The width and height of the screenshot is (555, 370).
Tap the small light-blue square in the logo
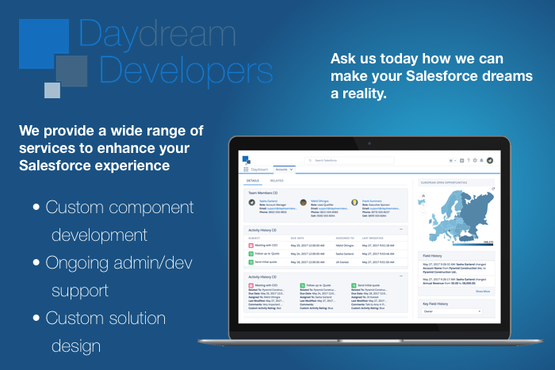[52, 90]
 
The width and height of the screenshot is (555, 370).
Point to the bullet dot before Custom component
[36, 208]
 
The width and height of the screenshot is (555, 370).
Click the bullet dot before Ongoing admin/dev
[36, 263]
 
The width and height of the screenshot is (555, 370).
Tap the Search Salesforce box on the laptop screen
[349, 160]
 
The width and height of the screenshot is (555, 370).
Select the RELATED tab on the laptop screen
[277, 181]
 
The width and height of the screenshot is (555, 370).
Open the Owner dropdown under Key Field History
[453, 311]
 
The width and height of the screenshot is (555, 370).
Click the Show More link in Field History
[482, 292]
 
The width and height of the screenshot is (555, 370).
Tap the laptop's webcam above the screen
[368, 144]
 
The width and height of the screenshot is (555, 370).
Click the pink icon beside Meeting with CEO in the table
[251, 246]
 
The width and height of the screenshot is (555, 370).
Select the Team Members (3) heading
[263, 193]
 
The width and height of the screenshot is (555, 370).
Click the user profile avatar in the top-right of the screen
[490, 160]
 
